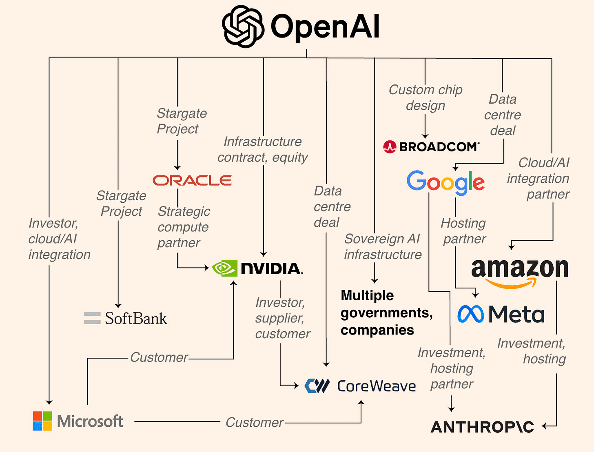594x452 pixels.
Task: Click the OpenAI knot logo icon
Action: pos(243,27)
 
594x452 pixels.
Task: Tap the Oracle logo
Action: pos(192,180)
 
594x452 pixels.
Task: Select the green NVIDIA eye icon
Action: pos(224,268)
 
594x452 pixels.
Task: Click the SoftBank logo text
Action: pos(135,318)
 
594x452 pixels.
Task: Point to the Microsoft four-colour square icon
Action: pos(42,421)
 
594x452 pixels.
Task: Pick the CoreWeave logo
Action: pos(361,386)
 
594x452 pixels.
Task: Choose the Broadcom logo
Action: pos(432,147)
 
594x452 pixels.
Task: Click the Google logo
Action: pos(445,182)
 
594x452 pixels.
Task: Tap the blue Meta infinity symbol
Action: pos(470,314)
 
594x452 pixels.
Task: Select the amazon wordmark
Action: pos(520,269)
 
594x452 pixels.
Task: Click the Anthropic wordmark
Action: pos(482,427)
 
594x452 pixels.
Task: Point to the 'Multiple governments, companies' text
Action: pos(386,312)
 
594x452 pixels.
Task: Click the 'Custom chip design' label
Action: pos(426,97)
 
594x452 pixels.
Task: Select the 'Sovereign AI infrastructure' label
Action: pos(382,246)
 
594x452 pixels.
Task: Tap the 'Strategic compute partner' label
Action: pos(183,227)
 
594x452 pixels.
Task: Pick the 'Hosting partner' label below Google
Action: pos(464,231)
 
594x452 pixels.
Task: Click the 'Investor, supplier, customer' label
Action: pos(282,318)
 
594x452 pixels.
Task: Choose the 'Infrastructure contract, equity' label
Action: pos(262,149)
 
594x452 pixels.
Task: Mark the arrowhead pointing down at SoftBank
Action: pos(118,305)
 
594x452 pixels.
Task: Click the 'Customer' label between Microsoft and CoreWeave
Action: pos(254,422)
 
